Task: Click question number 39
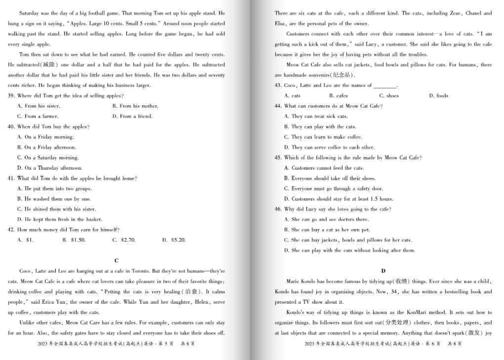(x=11, y=96)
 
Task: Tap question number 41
(x=11, y=178)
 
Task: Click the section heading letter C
(x=117, y=261)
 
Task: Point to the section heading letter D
(x=383, y=271)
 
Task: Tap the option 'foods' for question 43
(x=438, y=96)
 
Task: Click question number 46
(x=278, y=209)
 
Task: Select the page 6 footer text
(x=383, y=344)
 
